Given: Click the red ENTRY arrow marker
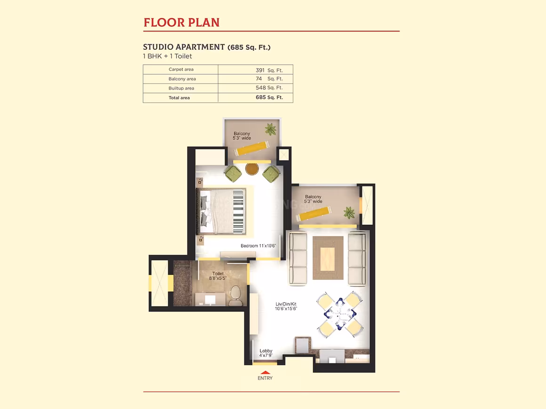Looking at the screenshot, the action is click(x=265, y=372).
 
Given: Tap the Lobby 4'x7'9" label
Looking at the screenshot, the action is click(x=265, y=353).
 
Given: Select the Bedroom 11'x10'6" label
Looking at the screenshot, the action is click(x=258, y=246).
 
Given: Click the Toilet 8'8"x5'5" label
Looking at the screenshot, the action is click(x=217, y=276).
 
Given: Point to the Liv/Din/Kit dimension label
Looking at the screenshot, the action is click(x=286, y=307).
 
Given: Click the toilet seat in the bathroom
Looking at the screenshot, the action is click(x=236, y=296).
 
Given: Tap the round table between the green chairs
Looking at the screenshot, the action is click(x=252, y=169).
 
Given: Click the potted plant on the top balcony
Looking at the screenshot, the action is click(x=271, y=129).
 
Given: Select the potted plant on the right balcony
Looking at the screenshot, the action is click(x=349, y=212).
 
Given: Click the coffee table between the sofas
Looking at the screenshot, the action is click(x=328, y=258).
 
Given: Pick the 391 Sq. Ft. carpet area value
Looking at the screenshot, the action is click(x=269, y=70).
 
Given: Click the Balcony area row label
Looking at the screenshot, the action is click(x=182, y=79).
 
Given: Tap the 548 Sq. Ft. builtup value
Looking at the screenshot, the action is click(x=269, y=88).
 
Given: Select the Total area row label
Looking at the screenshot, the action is click(x=179, y=98).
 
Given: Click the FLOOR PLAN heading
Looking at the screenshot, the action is click(x=181, y=23).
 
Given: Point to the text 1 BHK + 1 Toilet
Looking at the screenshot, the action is click(x=168, y=56).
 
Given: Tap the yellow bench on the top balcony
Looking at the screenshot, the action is click(x=251, y=149).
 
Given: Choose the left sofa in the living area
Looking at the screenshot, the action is click(x=298, y=259).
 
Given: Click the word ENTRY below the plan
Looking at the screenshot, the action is click(x=265, y=378).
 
